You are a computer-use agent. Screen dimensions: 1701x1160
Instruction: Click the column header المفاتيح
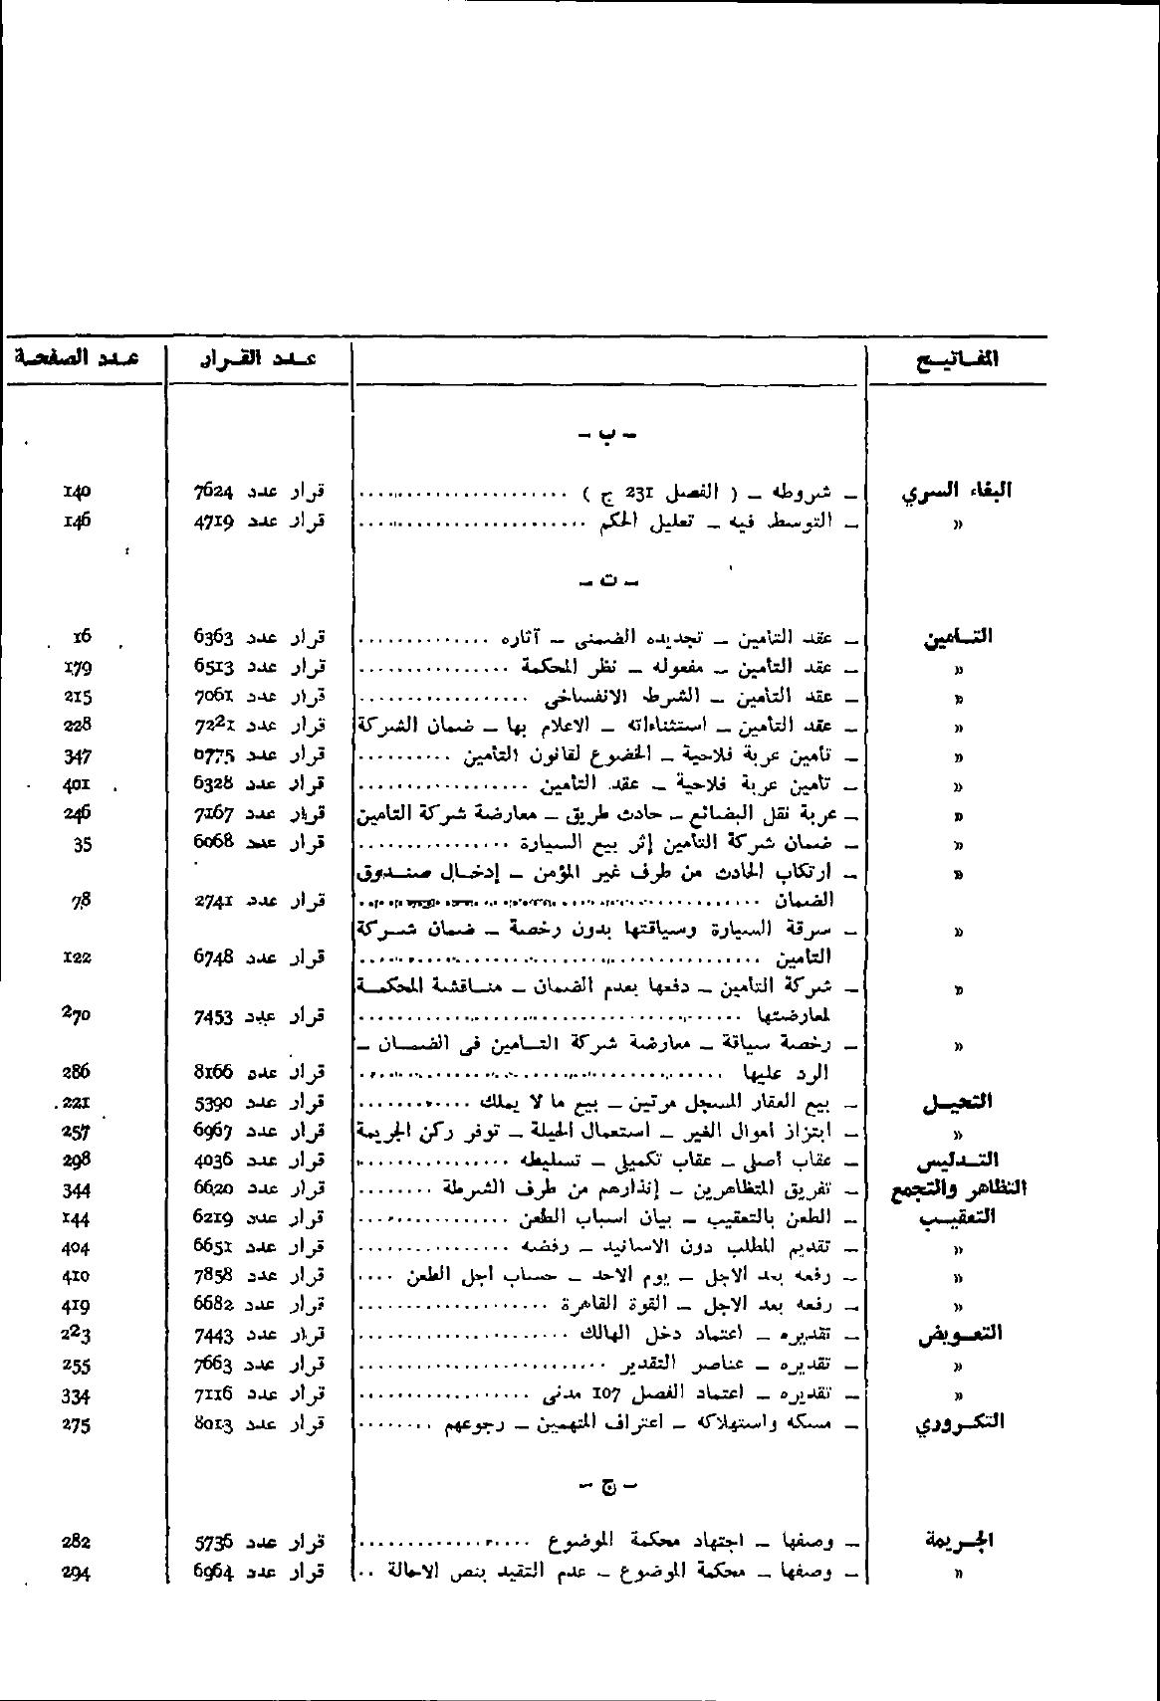(x=957, y=359)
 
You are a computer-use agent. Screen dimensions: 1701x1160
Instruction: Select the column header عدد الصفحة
(x=77, y=356)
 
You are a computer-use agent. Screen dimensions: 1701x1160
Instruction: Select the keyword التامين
(x=958, y=637)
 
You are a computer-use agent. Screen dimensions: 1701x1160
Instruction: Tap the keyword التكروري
(x=959, y=1423)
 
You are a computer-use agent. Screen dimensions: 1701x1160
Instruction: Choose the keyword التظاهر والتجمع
(x=958, y=1188)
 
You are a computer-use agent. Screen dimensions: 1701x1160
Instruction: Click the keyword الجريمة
(x=959, y=1542)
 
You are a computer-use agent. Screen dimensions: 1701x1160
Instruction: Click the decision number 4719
(x=214, y=520)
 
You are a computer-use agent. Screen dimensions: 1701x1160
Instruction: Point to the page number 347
(x=77, y=754)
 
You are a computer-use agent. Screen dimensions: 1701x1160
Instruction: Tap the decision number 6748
(x=214, y=957)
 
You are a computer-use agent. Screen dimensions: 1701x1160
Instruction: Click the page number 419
(x=76, y=1304)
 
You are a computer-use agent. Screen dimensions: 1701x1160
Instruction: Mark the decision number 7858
(x=214, y=1275)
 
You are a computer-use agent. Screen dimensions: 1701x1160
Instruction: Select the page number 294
(x=76, y=1573)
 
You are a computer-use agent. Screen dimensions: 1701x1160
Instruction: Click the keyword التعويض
(x=959, y=1334)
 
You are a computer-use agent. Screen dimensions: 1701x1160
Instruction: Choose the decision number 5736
(x=214, y=1543)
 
